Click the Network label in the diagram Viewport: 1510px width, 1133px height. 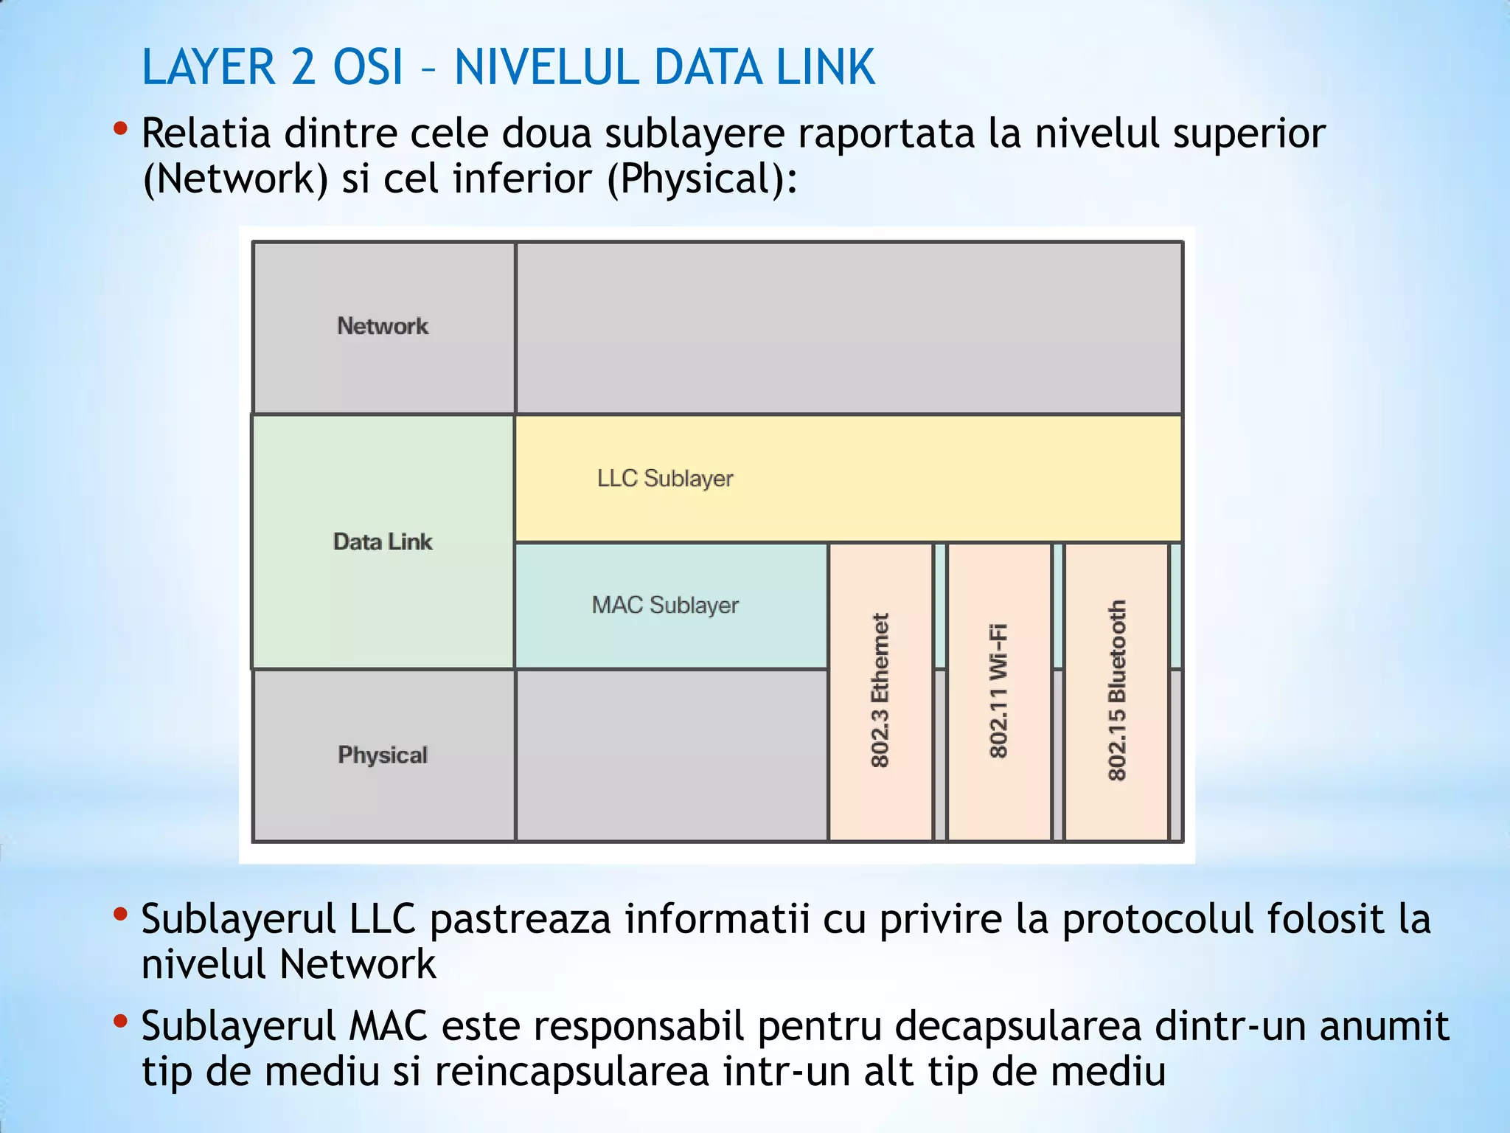pos(383,326)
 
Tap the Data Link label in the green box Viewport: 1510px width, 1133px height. pos(383,541)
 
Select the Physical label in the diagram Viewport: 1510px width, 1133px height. pos(383,755)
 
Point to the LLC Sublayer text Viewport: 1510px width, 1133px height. pos(665,478)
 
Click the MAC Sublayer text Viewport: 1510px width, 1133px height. pos(665,605)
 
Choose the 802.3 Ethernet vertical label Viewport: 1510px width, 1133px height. pos(880,690)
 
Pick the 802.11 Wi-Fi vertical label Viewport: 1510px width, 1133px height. pos(998,690)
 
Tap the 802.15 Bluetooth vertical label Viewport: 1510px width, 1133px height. pos(1117,690)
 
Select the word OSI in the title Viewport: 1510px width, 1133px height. pos(369,68)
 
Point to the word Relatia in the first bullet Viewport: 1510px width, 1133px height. pos(206,134)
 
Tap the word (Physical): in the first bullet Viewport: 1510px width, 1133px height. pos(702,179)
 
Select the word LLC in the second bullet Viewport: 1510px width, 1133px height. pos(383,919)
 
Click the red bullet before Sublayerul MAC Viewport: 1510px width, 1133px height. pos(121,1022)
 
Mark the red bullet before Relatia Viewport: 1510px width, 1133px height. pos(121,130)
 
